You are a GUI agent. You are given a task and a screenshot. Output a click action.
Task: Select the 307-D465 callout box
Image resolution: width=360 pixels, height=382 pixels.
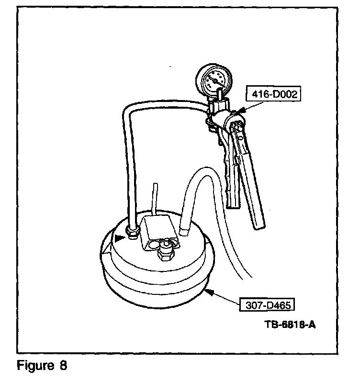[x=266, y=305]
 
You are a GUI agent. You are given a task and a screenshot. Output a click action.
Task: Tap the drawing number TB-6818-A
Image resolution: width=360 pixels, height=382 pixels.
[x=290, y=324]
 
